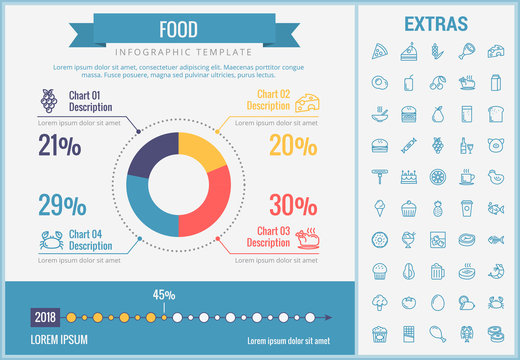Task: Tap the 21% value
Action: [x=59, y=146]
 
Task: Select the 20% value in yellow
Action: [x=293, y=146]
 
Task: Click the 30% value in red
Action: [x=293, y=205]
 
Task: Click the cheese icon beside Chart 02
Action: [x=310, y=101]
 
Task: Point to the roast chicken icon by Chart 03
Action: [x=311, y=238]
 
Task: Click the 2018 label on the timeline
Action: [x=45, y=318]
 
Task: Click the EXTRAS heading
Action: [x=438, y=23]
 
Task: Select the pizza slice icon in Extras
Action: [x=379, y=50]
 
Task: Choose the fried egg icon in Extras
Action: [x=379, y=82]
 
